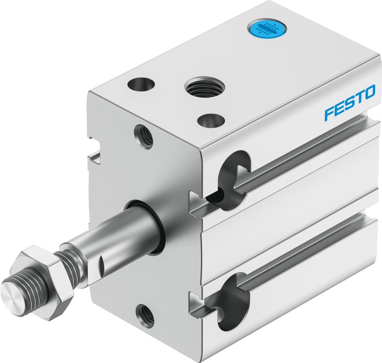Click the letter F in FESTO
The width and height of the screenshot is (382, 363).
(x=329, y=113)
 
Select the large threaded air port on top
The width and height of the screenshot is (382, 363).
(x=204, y=87)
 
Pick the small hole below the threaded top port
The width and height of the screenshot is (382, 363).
(x=211, y=120)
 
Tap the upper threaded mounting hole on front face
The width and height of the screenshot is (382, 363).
(x=144, y=136)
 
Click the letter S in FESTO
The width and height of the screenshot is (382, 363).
(x=349, y=103)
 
